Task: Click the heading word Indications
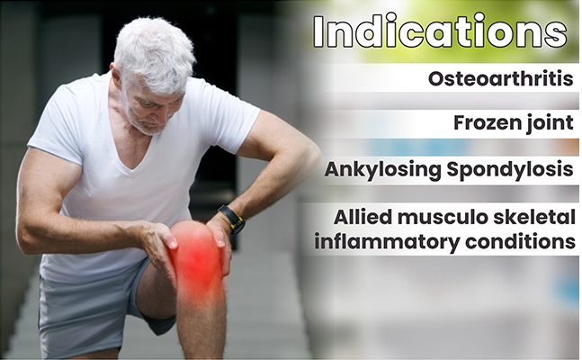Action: (440, 31)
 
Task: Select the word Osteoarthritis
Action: (500, 79)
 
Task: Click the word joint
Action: (545, 123)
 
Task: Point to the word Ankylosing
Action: (382, 170)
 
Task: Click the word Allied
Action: (363, 217)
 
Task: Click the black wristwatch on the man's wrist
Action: (231, 219)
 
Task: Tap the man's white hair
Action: (155, 52)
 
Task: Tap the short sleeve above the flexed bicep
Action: (56, 126)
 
